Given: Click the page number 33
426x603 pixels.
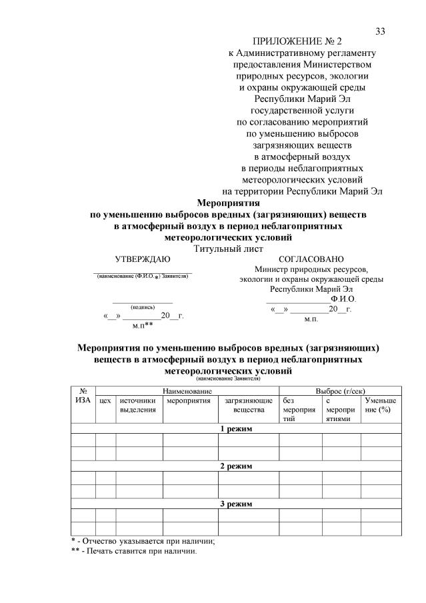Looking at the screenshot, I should pyautogui.click(x=381, y=31).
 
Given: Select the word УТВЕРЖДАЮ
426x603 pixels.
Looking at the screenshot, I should pyautogui.click(x=143, y=259).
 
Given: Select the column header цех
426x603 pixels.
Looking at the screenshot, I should pyautogui.click(x=105, y=400).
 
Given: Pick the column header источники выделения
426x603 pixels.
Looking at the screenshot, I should pyautogui.click(x=138, y=405).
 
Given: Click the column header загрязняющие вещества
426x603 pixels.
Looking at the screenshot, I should pyautogui.click(x=248, y=405).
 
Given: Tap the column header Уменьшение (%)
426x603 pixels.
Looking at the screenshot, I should pyautogui.click(x=380, y=405).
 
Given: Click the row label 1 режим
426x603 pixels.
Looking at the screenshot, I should pyautogui.click(x=236, y=428).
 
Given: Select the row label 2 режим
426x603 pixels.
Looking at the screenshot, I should pyautogui.click(x=236, y=466).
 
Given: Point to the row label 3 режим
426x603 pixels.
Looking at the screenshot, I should pyautogui.click(x=236, y=504).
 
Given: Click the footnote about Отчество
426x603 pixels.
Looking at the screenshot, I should pyautogui.click(x=143, y=541).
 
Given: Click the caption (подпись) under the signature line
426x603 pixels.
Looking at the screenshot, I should pyautogui.click(x=143, y=307).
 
